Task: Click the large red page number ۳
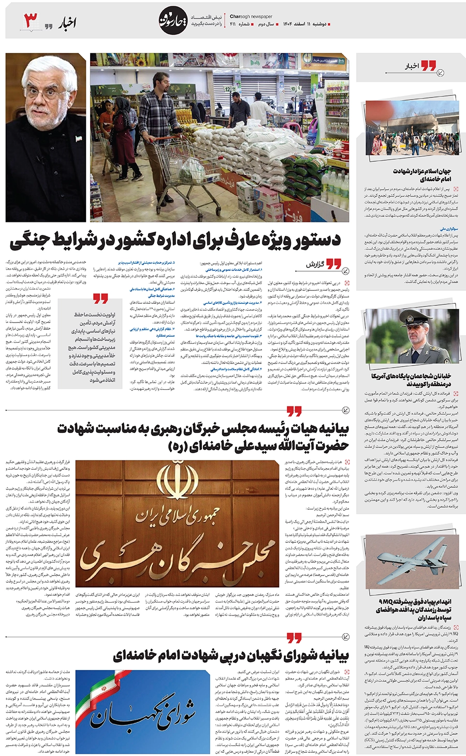[32, 21]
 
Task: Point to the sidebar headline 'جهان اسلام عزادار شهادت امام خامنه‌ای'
[421, 175]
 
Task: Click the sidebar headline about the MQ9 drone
[414, 610]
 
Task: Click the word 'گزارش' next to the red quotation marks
[315, 264]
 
